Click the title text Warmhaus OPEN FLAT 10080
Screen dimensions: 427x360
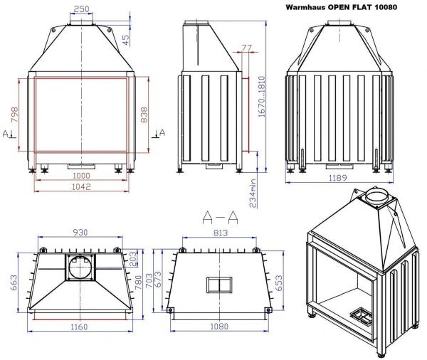[x=341, y=7]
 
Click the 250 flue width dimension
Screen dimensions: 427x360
[x=81, y=9]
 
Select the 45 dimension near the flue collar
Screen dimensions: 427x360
[x=126, y=40]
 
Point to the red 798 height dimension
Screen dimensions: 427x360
[x=14, y=115]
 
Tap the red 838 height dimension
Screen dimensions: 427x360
[x=144, y=115]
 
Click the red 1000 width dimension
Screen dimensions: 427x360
[x=81, y=175]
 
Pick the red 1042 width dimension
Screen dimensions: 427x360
[x=81, y=187]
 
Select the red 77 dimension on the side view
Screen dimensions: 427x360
[x=247, y=48]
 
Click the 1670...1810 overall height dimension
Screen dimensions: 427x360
[x=262, y=97]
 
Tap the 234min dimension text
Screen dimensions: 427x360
[x=253, y=193]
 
